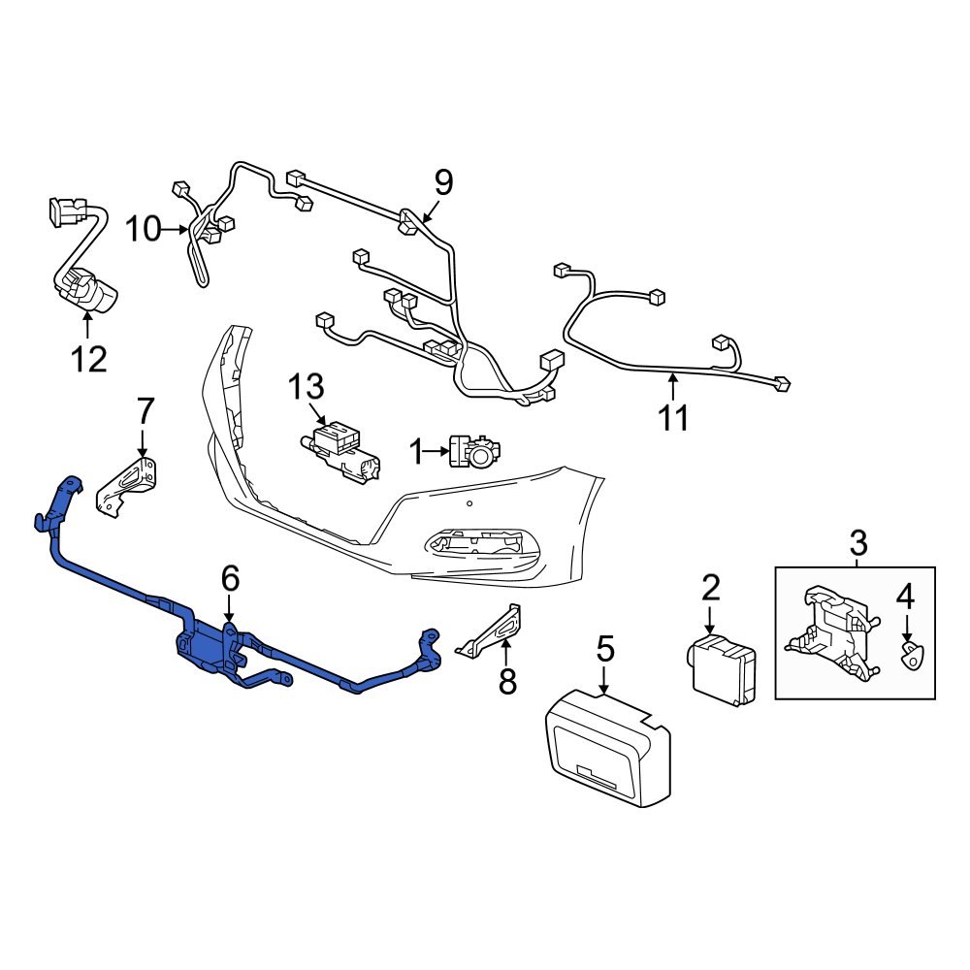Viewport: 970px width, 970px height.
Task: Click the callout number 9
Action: (442, 181)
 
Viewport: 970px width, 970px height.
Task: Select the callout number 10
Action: (142, 230)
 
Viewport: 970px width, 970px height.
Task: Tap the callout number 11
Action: (673, 418)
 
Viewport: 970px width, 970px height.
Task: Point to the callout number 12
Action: (87, 359)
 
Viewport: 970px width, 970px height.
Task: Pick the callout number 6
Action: (229, 579)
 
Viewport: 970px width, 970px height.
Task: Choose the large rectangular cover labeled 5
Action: (606, 744)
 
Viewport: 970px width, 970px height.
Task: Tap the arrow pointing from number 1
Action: (435, 450)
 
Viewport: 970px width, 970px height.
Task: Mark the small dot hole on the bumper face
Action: (469, 503)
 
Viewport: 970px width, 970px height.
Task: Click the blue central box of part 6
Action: (205, 647)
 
